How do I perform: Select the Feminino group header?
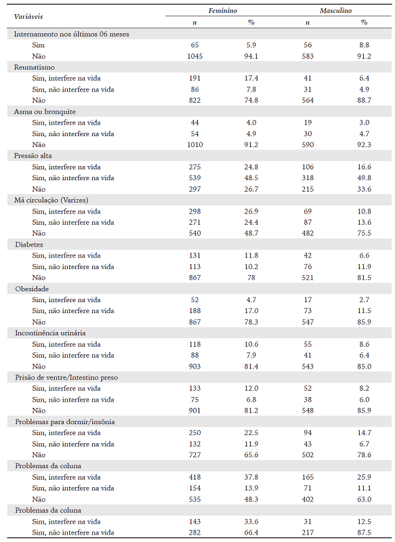click(223, 12)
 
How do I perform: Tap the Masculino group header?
click(336, 12)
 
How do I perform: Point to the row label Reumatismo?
click(35, 67)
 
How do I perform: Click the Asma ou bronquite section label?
click(45, 111)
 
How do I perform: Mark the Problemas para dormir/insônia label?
click(64, 421)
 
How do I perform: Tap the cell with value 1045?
click(194, 56)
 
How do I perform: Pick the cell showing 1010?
click(194, 144)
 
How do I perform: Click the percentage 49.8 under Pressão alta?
click(365, 178)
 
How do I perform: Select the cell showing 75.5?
click(365, 233)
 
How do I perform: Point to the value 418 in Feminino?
click(194, 477)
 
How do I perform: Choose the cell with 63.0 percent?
click(365, 499)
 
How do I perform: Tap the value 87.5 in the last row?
click(365, 533)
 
